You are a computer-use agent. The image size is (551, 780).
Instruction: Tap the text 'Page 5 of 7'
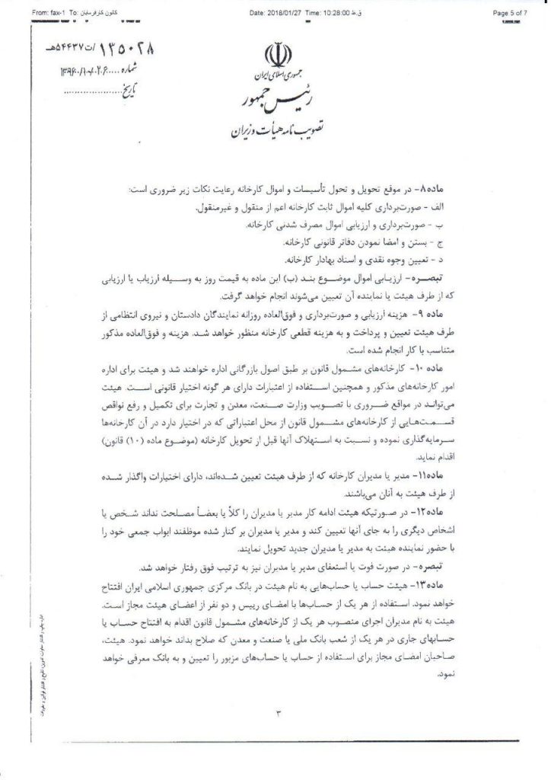click(x=514, y=13)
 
